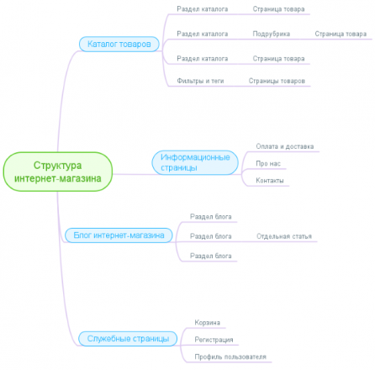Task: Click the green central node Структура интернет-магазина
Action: point(58,172)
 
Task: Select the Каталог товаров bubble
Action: point(119,44)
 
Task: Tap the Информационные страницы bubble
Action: point(195,162)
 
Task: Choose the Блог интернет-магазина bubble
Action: point(119,235)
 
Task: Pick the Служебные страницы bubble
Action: point(128,339)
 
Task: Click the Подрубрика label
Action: point(272,34)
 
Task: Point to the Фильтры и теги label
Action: point(200,81)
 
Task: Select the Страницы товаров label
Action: point(277,81)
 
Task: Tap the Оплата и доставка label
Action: point(285,146)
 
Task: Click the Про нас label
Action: point(268,163)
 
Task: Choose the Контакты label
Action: point(270,181)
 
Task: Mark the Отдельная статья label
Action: point(284,236)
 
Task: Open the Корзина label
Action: point(208,323)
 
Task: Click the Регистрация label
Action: point(214,340)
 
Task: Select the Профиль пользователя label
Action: point(230,357)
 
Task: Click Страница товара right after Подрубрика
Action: point(341,34)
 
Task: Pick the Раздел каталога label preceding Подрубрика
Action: point(203,34)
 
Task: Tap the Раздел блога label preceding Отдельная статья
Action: point(211,236)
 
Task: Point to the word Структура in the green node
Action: point(58,166)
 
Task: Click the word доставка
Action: point(299,146)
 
